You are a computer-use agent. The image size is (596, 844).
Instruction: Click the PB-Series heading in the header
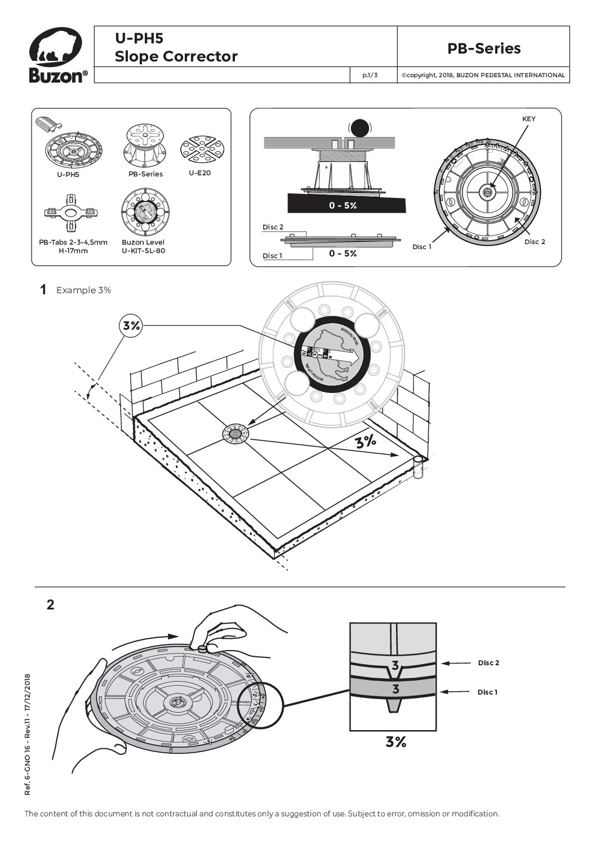[x=484, y=48]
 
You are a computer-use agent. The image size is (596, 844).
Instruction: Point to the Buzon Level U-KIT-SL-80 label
[x=143, y=246]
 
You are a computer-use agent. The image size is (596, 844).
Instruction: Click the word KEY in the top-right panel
[x=529, y=119]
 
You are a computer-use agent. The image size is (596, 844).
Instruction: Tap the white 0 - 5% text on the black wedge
[x=343, y=206]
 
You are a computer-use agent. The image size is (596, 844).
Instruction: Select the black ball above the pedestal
[x=359, y=129]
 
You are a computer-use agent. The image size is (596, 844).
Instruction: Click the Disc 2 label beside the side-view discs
[x=273, y=227]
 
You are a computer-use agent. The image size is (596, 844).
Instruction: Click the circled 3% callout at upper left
[x=131, y=325]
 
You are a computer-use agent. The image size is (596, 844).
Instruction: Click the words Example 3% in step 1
[x=83, y=290]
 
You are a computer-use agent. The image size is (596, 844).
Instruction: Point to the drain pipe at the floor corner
[x=417, y=468]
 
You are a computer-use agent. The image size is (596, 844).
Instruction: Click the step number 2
[x=51, y=605]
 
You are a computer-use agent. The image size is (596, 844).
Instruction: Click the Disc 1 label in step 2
[x=488, y=692]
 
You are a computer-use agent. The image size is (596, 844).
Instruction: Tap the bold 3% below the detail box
[x=396, y=742]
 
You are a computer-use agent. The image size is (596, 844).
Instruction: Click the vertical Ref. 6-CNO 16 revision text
[x=28, y=733]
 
